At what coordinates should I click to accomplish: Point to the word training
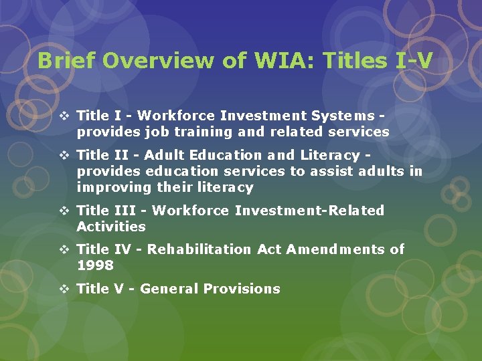(x=183, y=132)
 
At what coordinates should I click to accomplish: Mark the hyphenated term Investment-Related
(x=309, y=211)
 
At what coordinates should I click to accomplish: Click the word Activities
(x=111, y=227)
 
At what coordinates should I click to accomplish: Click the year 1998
(x=95, y=265)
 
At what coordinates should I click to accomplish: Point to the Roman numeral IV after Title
(x=122, y=249)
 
